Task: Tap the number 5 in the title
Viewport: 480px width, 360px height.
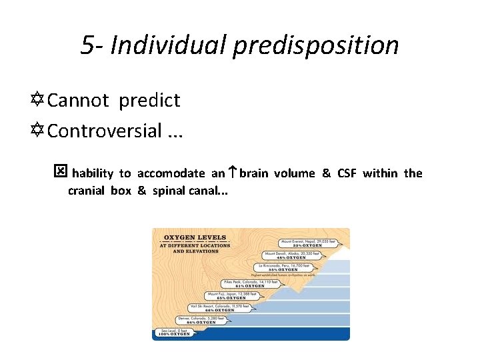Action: [87, 45]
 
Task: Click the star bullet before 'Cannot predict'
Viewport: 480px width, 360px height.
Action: [39, 100]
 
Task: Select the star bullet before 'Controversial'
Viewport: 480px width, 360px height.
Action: [39, 131]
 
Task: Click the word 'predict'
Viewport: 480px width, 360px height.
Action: [150, 101]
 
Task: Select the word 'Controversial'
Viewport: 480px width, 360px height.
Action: [105, 131]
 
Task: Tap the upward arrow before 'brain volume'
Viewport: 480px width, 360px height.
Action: [232, 173]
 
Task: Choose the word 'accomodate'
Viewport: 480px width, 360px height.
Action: [171, 173]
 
